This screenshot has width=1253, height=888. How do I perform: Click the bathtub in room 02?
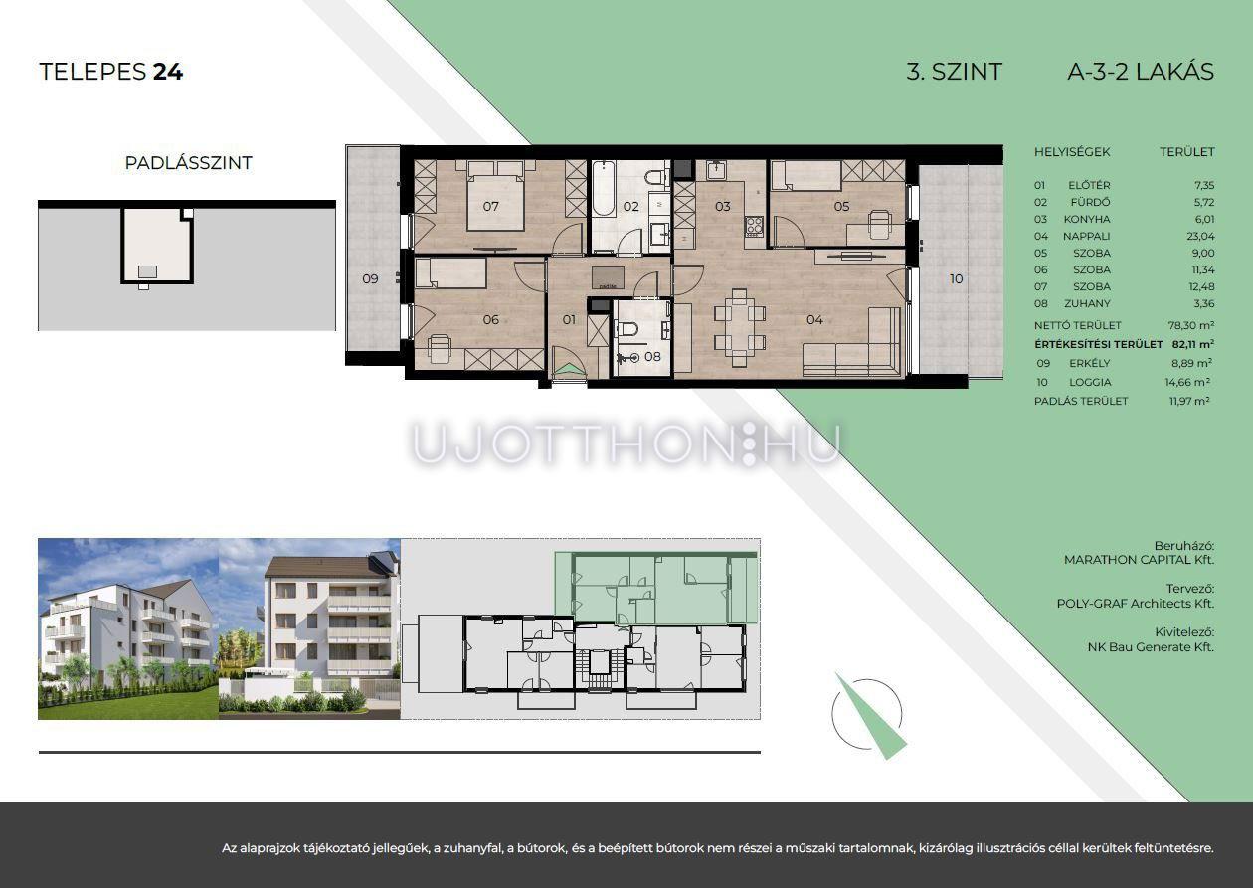pyautogui.click(x=604, y=189)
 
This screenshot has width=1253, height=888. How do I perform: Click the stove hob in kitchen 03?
pyautogui.click(x=754, y=226)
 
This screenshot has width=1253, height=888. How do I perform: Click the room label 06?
pyautogui.click(x=490, y=320)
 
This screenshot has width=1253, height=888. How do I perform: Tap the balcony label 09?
pyautogui.click(x=370, y=278)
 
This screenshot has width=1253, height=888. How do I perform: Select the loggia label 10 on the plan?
pyautogui.click(x=956, y=278)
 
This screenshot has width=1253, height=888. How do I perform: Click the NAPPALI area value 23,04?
pyautogui.click(x=1200, y=236)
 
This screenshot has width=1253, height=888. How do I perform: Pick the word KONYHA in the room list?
pyautogui.click(x=1087, y=219)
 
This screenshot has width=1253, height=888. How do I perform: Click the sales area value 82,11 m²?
pyautogui.click(x=1193, y=344)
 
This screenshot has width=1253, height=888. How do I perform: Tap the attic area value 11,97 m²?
pyautogui.click(x=1189, y=401)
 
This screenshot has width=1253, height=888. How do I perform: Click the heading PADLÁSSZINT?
pyautogui.click(x=189, y=163)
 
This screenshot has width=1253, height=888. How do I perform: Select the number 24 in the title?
pyautogui.click(x=168, y=72)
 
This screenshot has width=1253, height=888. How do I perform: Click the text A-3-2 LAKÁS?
pyautogui.click(x=1142, y=72)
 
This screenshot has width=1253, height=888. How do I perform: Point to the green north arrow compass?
pyautogui.click(x=869, y=716)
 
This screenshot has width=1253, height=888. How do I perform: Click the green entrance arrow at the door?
pyautogui.click(x=569, y=368)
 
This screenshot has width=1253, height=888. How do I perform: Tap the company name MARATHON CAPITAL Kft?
pyautogui.click(x=1139, y=560)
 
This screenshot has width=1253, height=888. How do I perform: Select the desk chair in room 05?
pyautogui.click(x=879, y=225)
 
